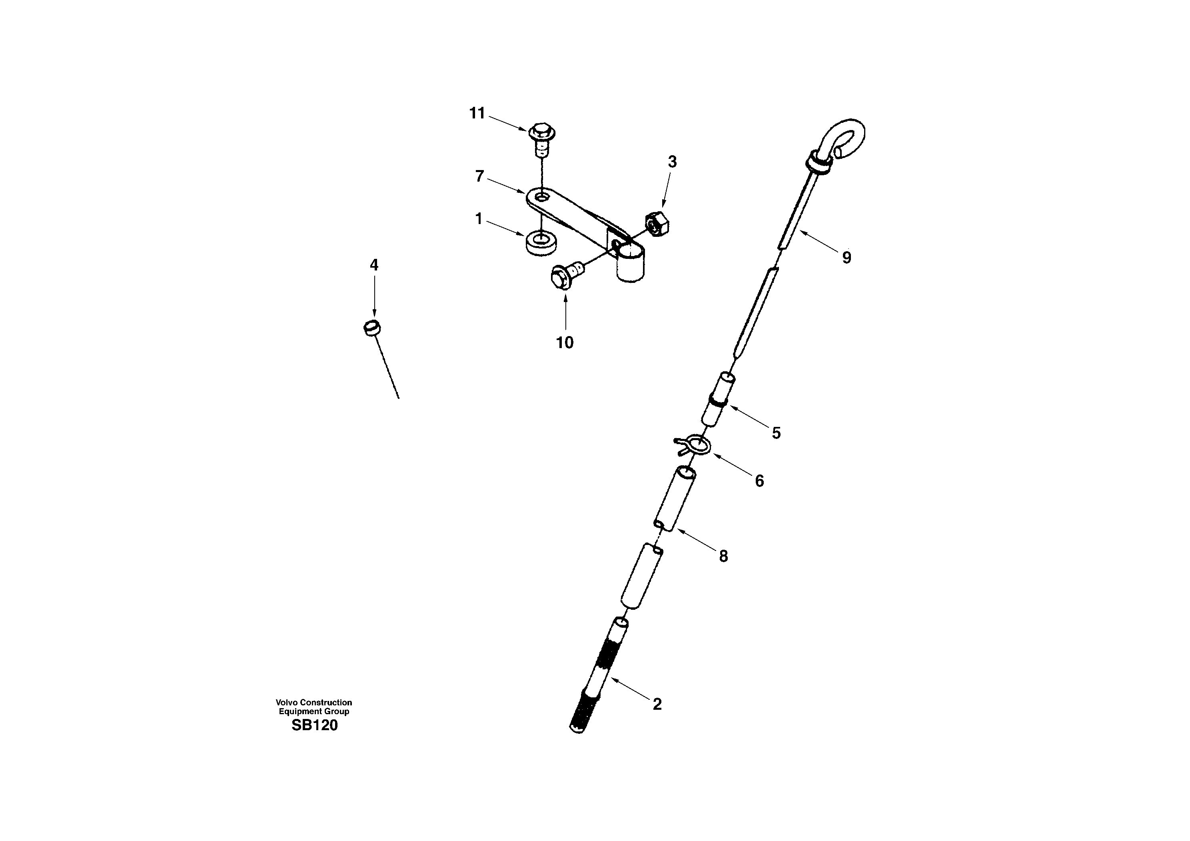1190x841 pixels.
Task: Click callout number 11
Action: click(476, 113)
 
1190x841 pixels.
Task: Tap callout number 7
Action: click(479, 176)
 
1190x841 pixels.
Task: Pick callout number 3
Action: click(672, 162)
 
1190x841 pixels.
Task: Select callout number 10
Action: click(565, 343)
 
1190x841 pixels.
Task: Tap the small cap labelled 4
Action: click(372, 328)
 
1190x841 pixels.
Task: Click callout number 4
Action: click(374, 265)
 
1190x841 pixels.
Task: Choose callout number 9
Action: click(847, 257)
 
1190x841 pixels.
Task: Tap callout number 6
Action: click(759, 481)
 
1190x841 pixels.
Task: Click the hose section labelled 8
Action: click(675, 498)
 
